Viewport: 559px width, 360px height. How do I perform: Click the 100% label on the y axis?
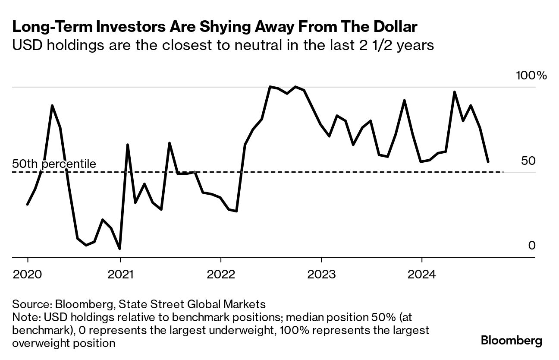531,76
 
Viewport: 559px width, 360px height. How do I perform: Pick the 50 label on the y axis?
528,161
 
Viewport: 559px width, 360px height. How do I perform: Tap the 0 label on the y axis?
532,246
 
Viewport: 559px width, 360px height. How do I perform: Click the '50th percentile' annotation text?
54,164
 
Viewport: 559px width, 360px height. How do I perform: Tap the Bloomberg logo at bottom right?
512,341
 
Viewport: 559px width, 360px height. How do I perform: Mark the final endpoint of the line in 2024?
488,162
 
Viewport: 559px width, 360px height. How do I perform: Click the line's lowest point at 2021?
119,249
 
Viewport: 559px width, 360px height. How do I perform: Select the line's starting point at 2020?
27,204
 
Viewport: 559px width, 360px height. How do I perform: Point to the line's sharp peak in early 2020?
52,105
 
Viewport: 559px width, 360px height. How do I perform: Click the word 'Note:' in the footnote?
26,317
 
